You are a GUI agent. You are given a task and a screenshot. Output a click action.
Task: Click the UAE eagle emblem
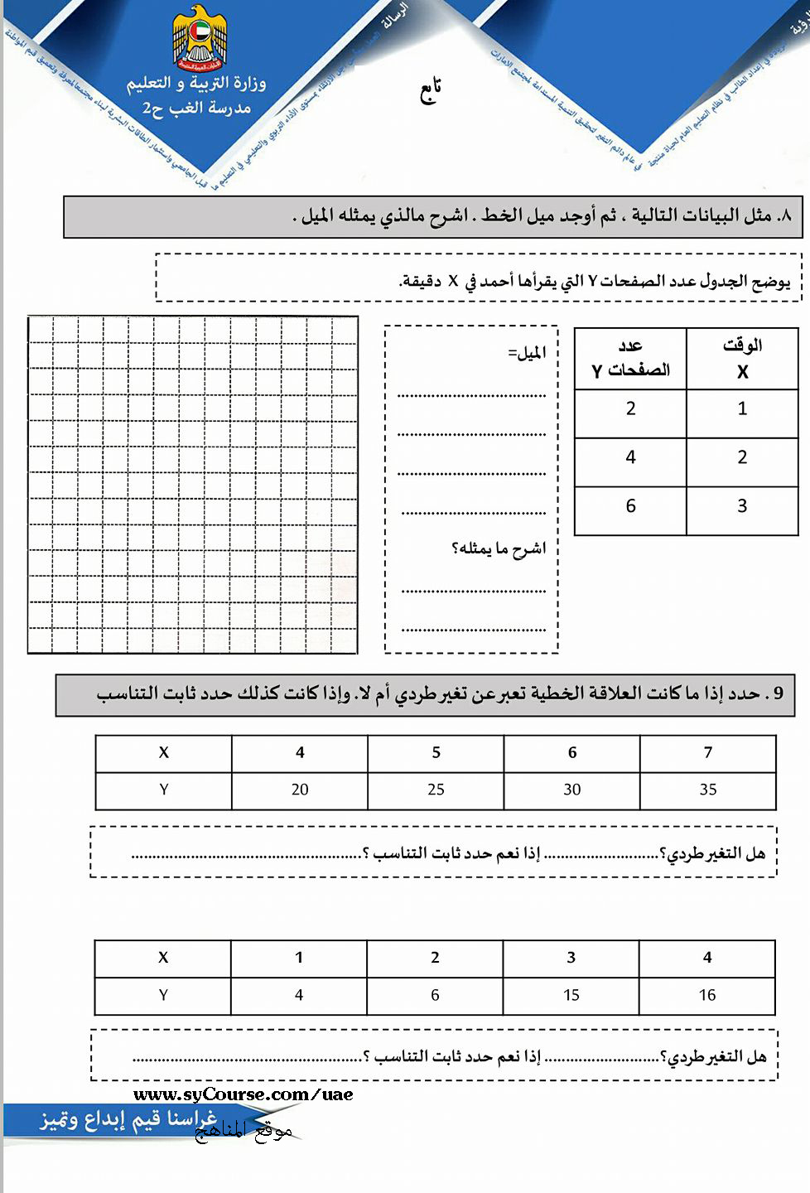(200, 38)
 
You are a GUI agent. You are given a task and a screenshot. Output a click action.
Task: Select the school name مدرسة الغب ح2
(196, 108)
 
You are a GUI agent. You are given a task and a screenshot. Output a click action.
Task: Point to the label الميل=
(527, 354)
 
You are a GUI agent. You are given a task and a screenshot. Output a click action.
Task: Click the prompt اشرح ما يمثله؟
(499, 548)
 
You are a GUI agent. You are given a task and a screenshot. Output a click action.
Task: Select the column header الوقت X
(742, 358)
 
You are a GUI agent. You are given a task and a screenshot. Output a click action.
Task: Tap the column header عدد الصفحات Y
(630, 358)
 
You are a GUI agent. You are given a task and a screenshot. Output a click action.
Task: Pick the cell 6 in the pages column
(630, 506)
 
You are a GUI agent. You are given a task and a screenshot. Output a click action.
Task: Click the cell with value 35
(708, 790)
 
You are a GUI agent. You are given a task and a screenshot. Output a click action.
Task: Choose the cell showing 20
(300, 790)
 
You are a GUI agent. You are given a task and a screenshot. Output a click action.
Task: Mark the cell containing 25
(436, 790)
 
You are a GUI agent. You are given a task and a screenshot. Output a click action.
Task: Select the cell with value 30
(571, 790)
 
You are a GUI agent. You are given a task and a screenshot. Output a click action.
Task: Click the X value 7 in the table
(708, 752)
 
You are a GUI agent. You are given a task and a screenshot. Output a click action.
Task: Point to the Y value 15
(571, 995)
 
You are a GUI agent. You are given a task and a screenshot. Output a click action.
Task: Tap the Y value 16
(707, 995)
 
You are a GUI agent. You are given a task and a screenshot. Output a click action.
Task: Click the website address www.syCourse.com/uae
(243, 1094)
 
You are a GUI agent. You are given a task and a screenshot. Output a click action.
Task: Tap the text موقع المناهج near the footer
(243, 1132)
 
